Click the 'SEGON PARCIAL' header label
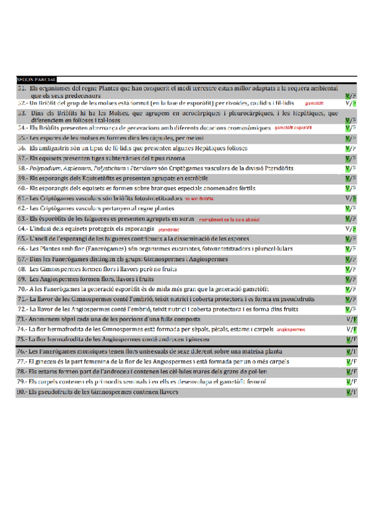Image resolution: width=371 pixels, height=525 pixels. click(x=37, y=80)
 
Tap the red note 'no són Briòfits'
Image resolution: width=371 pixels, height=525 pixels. click(x=199, y=199)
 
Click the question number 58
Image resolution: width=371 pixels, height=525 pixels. click(x=22, y=168)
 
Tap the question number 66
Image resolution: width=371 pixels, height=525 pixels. click(x=22, y=249)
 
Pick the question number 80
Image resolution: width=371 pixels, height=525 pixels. click(x=22, y=392)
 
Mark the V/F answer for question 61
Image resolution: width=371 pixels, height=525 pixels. click(x=351, y=199)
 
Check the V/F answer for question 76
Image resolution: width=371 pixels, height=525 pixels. click(x=351, y=352)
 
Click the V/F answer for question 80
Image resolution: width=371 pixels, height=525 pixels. click(x=351, y=392)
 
